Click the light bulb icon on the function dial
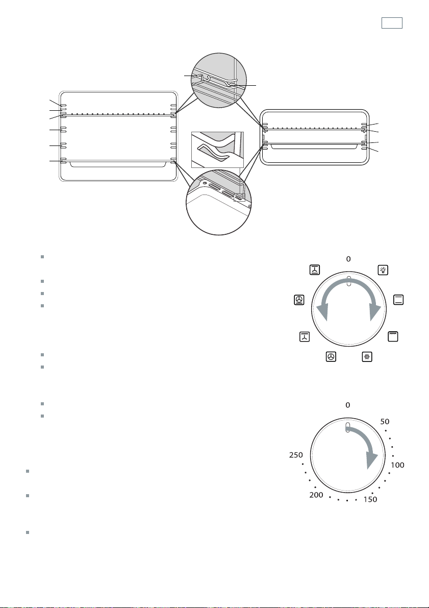click(383, 270)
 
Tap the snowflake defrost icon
click(367, 357)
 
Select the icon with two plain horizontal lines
click(398, 300)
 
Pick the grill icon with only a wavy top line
click(393, 336)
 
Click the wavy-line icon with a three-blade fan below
click(305, 336)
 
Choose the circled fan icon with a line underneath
click(299, 300)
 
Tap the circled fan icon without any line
click(331, 357)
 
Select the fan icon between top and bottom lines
click(315, 270)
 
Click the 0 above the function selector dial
click(348, 259)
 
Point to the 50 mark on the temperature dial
click(385, 422)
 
